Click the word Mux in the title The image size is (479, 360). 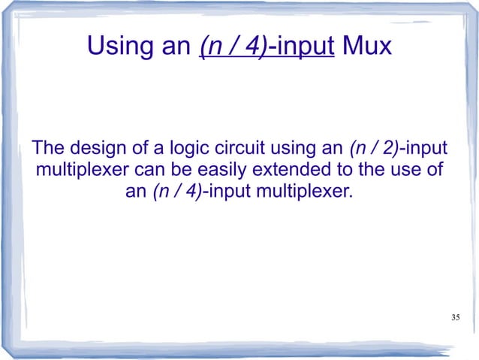tap(366, 48)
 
